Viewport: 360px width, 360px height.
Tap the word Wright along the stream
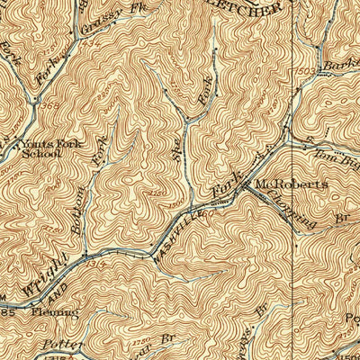coord(43,276)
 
